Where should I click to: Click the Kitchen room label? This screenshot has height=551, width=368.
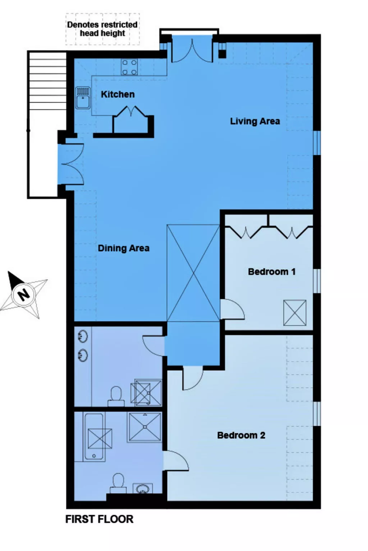[118, 94]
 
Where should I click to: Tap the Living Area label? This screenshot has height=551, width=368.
[255, 121]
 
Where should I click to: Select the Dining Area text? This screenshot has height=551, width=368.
[123, 248]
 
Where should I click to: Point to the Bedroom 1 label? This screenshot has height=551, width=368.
[272, 272]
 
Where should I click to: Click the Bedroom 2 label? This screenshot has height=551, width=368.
[241, 435]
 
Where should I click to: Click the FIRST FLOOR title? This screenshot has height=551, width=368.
[99, 519]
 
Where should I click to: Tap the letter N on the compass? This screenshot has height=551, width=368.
[24, 295]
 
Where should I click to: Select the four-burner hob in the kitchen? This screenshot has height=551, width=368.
[129, 67]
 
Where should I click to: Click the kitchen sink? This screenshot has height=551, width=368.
[83, 98]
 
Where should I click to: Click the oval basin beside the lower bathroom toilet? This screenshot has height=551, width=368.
[143, 489]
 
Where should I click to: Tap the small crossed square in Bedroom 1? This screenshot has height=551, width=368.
[295, 313]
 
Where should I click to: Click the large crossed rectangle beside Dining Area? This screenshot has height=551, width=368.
[193, 273]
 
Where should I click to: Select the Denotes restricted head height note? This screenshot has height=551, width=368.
[102, 29]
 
